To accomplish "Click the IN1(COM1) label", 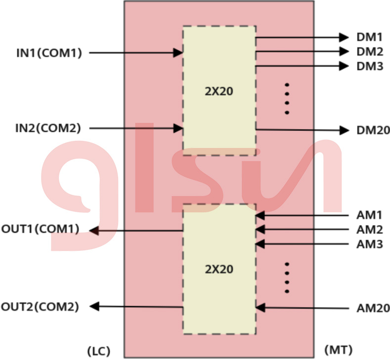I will point(49,53).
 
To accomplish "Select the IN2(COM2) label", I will point(48,129).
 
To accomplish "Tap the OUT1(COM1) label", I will point(41,230).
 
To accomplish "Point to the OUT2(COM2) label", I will point(40,307).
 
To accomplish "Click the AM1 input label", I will point(369,215).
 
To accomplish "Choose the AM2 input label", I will point(369,230).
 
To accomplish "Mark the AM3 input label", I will point(369,244).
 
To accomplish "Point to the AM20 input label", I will point(373,308).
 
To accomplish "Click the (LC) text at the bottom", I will point(98,351).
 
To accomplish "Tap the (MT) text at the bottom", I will point(339,350).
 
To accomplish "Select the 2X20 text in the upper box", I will point(219,91).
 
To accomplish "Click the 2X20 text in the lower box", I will point(219,269).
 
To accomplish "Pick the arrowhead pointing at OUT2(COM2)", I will point(94,307).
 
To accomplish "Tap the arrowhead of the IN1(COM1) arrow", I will point(178,53).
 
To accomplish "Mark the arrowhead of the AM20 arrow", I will point(260,308).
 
